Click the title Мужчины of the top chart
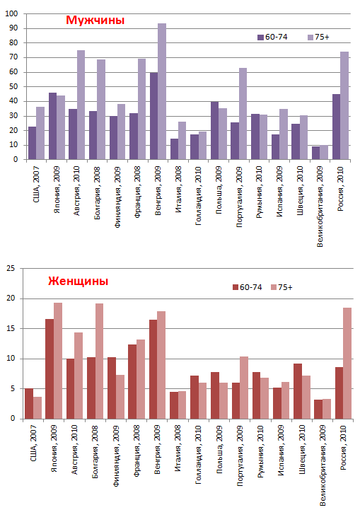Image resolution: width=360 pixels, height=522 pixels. (95, 21)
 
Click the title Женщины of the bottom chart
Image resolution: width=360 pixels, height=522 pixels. (79, 281)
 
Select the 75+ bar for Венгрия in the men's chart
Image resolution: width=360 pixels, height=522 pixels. (162, 91)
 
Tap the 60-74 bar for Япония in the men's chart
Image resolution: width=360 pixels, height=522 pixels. (52, 126)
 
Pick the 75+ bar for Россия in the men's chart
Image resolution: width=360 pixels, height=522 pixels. (344, 105)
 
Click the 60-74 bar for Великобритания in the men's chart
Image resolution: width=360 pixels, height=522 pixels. (315, 153)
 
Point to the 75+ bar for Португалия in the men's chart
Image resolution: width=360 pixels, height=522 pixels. (243, 113)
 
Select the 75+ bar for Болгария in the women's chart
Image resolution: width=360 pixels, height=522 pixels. (99, 361)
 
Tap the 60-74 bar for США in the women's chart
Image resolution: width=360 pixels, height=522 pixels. (29, 403)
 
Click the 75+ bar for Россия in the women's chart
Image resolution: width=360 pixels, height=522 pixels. (347, 363)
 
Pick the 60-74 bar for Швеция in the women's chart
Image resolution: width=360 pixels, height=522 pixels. (298, 391)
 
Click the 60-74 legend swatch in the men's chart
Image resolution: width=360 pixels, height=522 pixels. (260, 37)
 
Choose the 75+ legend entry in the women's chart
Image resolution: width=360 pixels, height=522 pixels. (281, 287)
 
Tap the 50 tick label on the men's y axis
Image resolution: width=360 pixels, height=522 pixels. (13, 86)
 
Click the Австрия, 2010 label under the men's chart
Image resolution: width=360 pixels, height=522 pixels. (76, 191)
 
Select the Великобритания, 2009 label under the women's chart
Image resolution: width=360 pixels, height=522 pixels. (323, 465)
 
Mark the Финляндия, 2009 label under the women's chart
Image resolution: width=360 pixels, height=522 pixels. (116, 456)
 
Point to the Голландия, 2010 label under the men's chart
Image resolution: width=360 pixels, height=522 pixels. (198, 196)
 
